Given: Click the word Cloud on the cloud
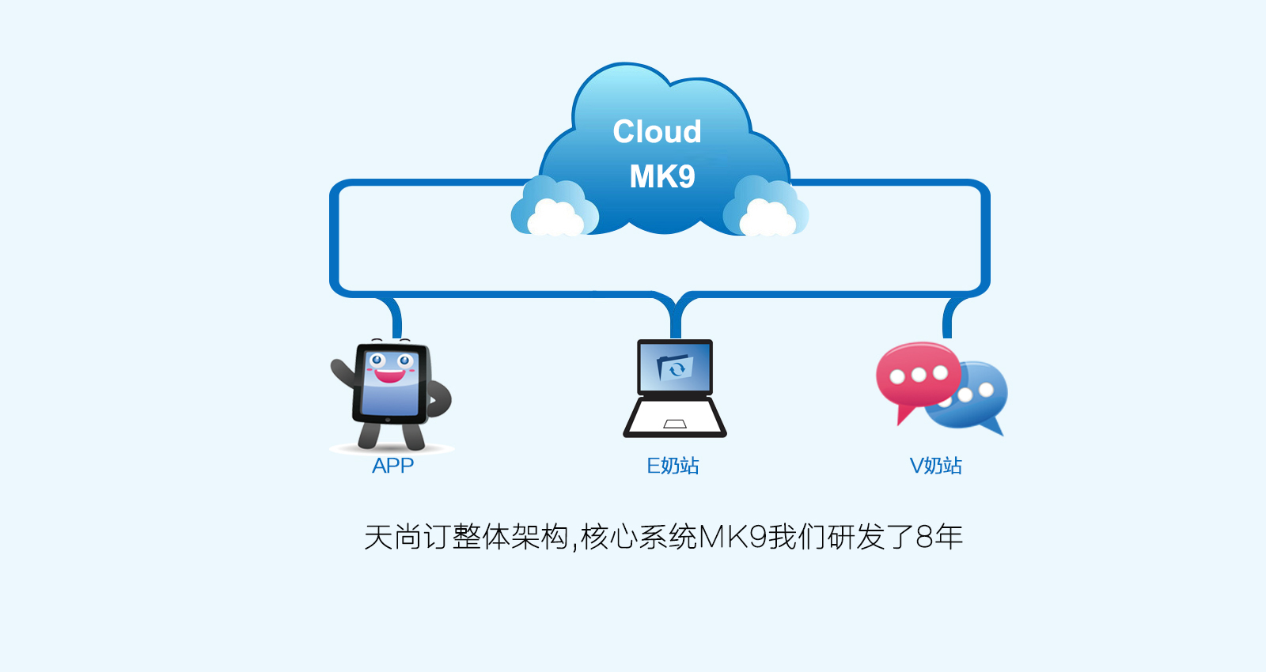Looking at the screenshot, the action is click(657, 131).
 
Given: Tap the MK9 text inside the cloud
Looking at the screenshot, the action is click(661, 176).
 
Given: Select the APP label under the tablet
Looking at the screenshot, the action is click(392, 466).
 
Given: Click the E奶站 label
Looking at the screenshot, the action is click(673, 466).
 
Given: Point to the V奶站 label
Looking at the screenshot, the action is click(935, 466).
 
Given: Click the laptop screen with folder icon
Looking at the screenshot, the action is click(675, 367).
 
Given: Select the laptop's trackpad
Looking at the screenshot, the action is click(675, 424).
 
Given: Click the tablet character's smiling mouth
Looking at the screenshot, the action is click(390, 376).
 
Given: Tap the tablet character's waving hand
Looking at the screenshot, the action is click(341, 372).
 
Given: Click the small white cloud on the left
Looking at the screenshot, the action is click(555, 218).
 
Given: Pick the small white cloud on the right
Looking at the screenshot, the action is click(768, 218).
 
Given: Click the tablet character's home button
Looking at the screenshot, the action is click(387, 420).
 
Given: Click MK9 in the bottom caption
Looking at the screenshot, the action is click(733, 537).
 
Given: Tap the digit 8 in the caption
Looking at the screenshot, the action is click(924, 537).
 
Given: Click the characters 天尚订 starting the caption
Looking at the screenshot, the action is click(407, 537).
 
